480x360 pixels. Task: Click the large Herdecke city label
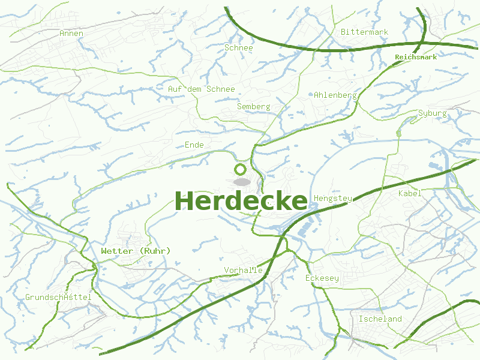(241, 200)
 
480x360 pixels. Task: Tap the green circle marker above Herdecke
(241, 169)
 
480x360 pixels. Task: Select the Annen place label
(71, 34)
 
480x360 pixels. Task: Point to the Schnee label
(239, 47)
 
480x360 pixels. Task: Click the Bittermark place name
(364, 32)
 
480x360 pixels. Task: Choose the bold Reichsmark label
(415, 58)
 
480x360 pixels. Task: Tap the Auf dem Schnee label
(201, 89)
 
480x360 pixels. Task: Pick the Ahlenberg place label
(335, 95)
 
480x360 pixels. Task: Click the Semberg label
(253, 107)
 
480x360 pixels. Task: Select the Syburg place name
(432, 113)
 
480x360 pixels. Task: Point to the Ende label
(194, 145)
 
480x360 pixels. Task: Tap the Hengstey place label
(332, 198)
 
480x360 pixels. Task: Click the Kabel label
(410, 193)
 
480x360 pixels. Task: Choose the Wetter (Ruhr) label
(136, 251)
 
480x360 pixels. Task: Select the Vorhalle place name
(243, 270)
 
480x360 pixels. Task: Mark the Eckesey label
(322, 278)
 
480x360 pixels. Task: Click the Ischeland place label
(380, 319)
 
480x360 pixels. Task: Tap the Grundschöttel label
(58, 298)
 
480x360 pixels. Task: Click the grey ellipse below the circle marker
(241, 181)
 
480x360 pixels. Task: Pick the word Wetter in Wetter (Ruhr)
(116, 251)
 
